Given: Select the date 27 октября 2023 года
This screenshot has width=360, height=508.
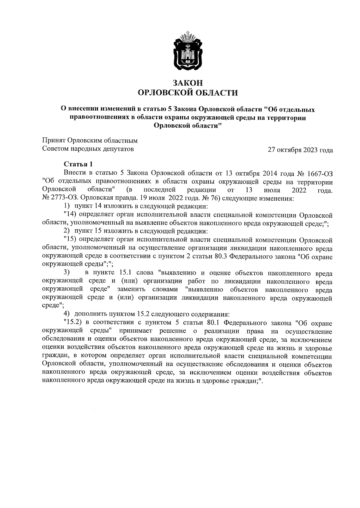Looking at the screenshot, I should coord(300,150).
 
